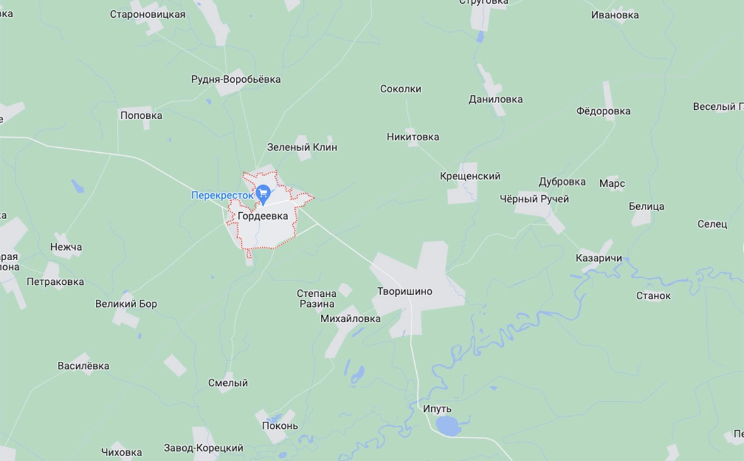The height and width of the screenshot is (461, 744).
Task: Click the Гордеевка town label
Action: (263, 216)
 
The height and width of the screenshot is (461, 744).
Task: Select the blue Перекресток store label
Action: (222, 196)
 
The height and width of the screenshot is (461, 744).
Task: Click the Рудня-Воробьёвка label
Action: (236, 80)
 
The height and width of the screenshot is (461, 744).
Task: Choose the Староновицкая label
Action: (148, 14)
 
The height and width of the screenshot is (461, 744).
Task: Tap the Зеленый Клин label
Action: (302, 147)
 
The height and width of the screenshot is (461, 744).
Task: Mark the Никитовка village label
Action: (413, 137)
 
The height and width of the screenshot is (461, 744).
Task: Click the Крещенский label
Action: (470, 176)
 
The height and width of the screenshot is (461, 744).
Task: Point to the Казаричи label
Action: (599, 258)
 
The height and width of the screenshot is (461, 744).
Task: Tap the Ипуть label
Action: (437, 409)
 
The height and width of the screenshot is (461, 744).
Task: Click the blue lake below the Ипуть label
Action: (448, 426)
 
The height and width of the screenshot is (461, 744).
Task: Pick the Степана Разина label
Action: (317, 299)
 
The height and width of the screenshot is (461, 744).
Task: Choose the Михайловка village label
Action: (351, 319)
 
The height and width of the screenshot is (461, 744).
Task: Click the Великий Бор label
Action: (126, 304)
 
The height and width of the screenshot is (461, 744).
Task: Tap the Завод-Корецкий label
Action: (204, 448)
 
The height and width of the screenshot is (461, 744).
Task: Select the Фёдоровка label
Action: (603, 111)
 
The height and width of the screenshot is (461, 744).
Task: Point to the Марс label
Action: (612, 184)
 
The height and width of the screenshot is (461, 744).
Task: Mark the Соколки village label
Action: (400, 89)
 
